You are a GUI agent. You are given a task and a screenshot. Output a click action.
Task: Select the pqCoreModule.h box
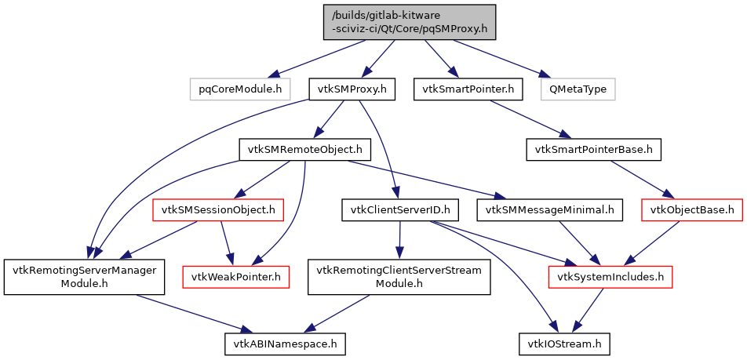[x=240, y=89]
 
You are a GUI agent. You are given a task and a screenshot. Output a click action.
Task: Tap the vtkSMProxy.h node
[x=352, y=89]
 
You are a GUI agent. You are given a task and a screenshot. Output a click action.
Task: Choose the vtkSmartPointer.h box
[x=468, y=89]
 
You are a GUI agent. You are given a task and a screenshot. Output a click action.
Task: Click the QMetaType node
[x=578, y=89]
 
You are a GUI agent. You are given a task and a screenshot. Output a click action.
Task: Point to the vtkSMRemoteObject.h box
[x=304, y=149]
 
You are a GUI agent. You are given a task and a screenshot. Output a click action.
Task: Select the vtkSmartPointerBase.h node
[x=594, y=149]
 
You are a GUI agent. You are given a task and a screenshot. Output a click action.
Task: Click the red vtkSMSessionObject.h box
[x=218, y=209]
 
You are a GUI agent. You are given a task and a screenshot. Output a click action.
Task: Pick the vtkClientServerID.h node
[x=400, y=209]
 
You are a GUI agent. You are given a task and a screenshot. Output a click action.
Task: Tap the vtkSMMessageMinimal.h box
[x=550, y=209]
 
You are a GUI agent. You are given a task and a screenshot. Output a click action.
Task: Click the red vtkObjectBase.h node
[x=692, y=209]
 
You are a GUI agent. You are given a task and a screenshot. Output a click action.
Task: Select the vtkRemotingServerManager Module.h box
[x=84, y=276]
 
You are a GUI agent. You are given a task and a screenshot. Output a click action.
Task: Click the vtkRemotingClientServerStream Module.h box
[x=399, y=276]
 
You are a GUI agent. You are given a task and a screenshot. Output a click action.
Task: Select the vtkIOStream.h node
[x=563, y=343]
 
